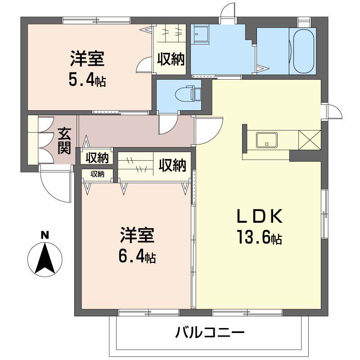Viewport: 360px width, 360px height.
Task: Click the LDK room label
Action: click(x=260, y=216)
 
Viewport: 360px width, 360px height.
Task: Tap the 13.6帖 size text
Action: click(x=260, y=237)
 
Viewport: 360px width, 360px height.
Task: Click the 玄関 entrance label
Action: click(x=64, y=141)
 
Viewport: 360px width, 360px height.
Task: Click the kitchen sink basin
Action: click(x=267, y=140)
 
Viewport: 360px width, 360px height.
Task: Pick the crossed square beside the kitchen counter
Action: click(x=310, y=140)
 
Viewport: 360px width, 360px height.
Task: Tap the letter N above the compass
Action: click(x=45, y=235)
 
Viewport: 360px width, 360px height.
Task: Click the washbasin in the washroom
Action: click(x=201, y=34)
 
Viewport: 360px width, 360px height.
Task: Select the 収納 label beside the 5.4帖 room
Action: click(x=171, y=59)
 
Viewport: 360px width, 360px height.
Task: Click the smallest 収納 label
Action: click(x=97, y=174)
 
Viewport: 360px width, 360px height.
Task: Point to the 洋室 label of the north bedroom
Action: click(x=87, y=59)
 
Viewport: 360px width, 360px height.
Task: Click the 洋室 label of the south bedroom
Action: click(x=137, y=235)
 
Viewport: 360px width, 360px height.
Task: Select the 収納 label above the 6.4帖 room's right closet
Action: click(x=172, y=165)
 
